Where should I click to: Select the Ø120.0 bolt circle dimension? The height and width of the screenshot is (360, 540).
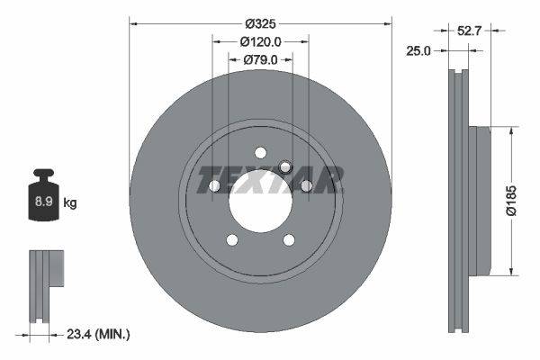tap(261, 41)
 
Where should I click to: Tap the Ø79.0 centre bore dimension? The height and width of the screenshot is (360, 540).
tap(261, 60)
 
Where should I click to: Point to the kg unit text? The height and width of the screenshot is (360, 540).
tap(69, 203)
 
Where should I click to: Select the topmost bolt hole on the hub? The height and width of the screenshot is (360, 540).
tap(260, 152)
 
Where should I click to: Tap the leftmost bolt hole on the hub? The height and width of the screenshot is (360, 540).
tap(215, 185)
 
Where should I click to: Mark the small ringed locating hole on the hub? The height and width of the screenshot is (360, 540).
tap(285, 166)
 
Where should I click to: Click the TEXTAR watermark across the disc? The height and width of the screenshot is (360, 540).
tap(270, 179)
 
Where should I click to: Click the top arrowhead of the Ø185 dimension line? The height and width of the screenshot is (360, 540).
tap(512, 131)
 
